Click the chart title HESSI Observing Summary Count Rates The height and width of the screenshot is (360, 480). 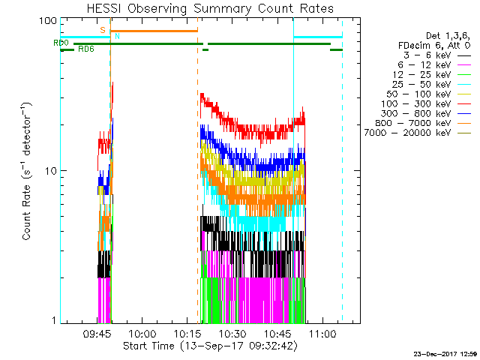click(209, 8)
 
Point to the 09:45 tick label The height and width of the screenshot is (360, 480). click(97, 334)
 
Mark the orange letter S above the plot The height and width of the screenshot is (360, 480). click(103, 30)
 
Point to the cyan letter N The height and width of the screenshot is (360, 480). click(117, 36)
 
